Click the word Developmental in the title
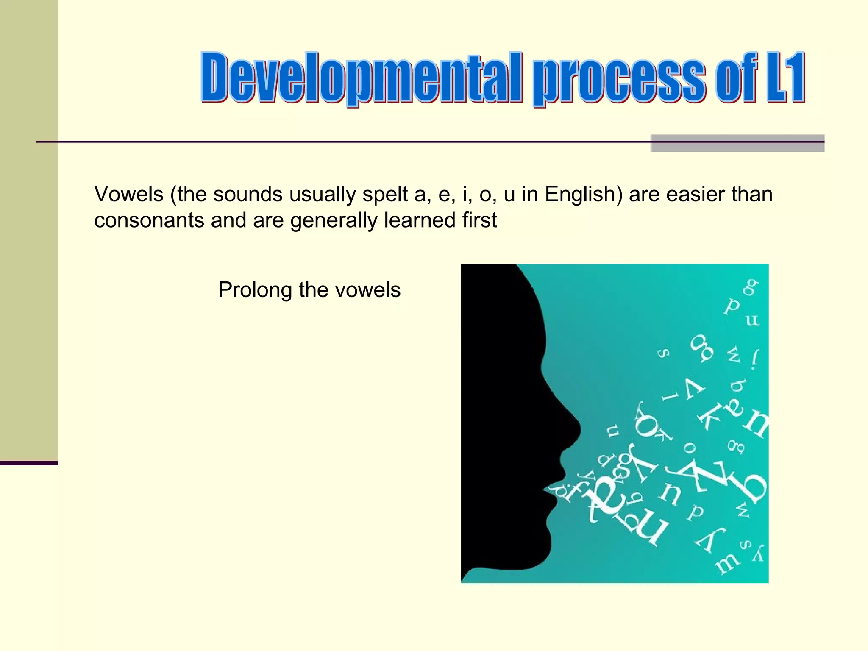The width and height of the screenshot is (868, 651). click(360, 78)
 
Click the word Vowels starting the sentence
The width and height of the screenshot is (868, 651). click(129, 195)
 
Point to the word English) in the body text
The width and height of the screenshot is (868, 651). click(583, 195)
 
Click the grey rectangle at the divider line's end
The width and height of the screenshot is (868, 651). click(737, 143)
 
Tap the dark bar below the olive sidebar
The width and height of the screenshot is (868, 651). click(28, 463)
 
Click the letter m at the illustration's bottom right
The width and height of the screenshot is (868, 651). click(727, 563)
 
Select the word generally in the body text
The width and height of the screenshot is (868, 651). click(334, 221)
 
